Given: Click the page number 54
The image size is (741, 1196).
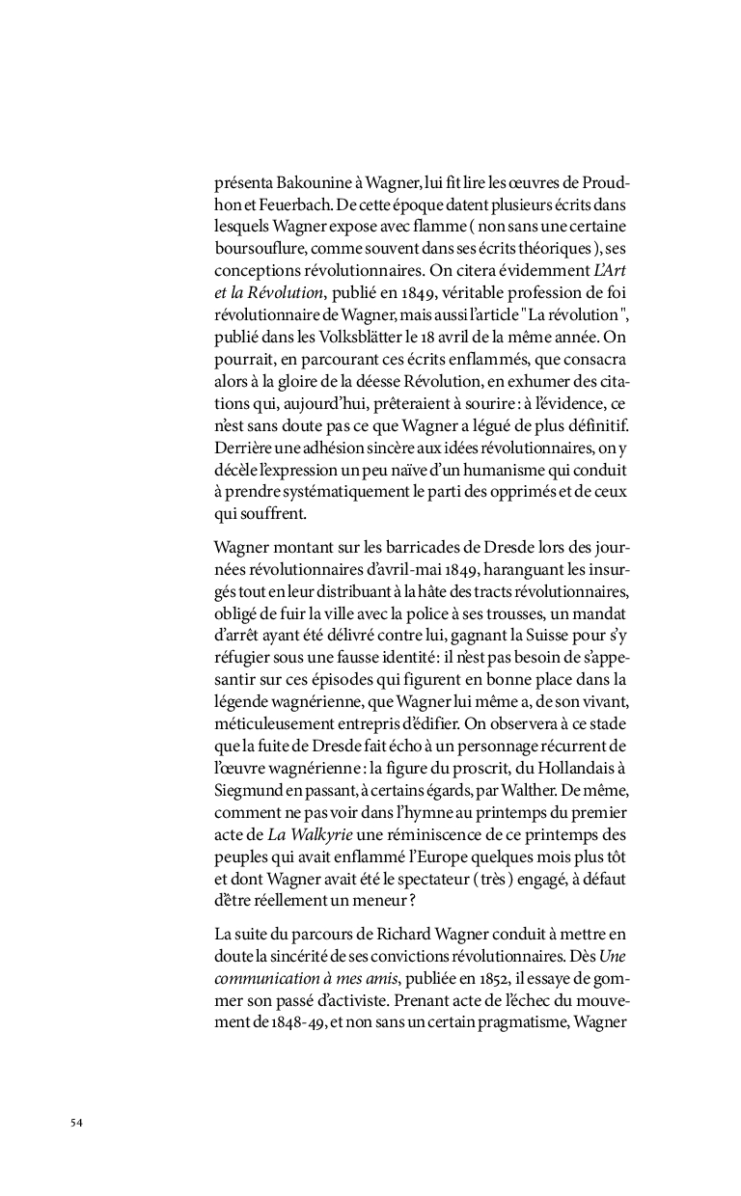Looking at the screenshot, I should [x=76, y=1122].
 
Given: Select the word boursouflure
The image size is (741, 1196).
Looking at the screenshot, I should [x=259, y=247].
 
